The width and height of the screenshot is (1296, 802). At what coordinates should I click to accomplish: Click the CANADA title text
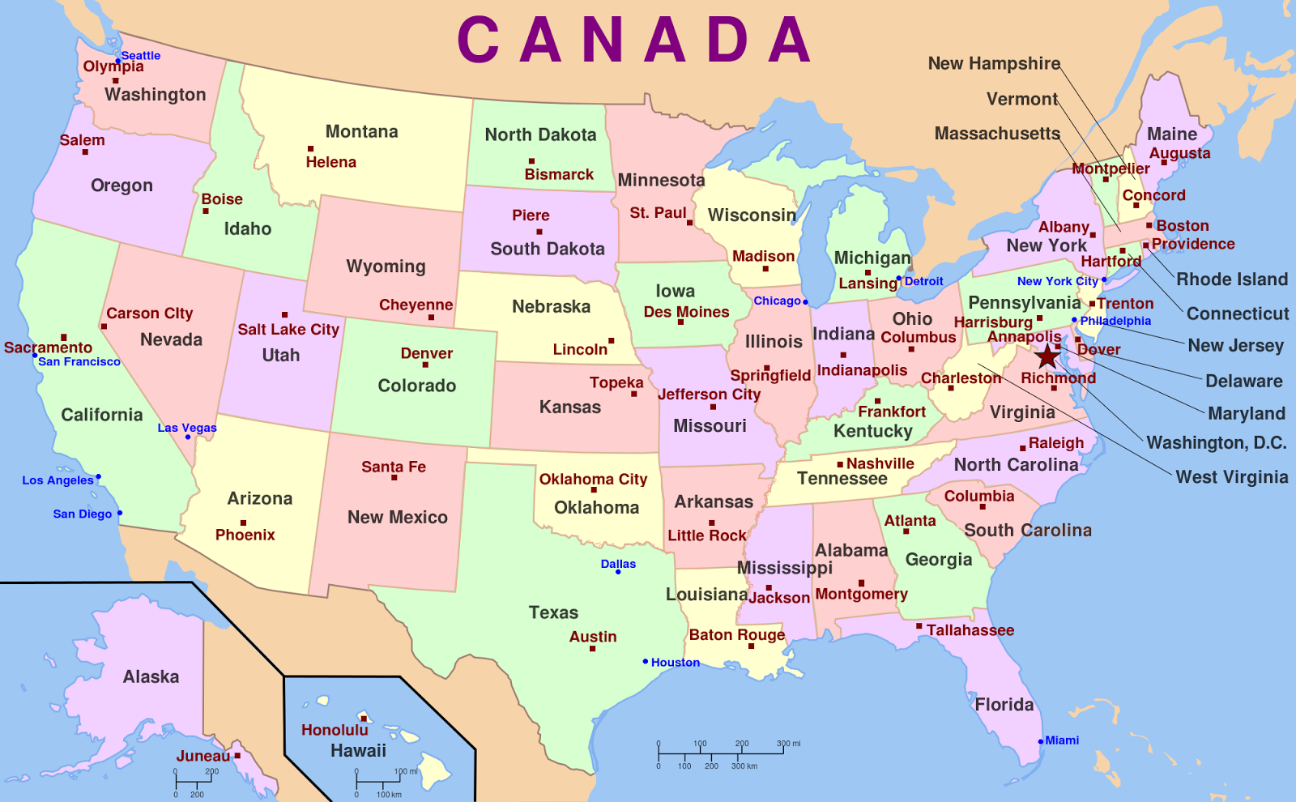point(634,40)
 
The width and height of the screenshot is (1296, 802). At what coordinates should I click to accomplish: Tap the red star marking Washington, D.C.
point(1047,356)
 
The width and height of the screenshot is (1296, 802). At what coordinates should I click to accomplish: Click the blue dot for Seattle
point(118,61)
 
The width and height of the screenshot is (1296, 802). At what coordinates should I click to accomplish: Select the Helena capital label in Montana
point(330,162)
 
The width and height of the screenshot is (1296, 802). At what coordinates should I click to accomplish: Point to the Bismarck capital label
point(559,174)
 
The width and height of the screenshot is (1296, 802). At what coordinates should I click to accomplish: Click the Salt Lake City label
point(288,329)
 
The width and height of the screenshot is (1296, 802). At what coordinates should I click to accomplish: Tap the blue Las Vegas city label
point(187,428)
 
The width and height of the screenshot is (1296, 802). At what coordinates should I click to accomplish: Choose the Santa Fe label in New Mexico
point(394,467)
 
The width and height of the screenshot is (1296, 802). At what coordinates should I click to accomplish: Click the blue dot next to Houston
point(646,662)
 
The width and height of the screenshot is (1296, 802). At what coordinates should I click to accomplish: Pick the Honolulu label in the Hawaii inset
point(335,730)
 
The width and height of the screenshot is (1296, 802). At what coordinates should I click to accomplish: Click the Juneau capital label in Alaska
point(203,756)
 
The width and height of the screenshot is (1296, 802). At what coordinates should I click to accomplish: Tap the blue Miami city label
point(1062,740)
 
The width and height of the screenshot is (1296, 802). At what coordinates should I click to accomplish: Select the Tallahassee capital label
point(970,630)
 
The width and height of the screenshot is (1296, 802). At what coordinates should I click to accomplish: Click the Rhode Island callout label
point(1232,279)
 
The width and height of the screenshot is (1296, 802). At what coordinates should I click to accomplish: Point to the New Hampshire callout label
point(994,63)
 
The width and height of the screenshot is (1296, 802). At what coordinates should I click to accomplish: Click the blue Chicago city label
point(777,301)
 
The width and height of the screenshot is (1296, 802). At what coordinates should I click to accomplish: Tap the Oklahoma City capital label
point(594,479)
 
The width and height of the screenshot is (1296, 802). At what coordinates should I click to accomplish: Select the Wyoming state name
point(386,267)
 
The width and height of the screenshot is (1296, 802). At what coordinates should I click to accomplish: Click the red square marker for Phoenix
point(243,523)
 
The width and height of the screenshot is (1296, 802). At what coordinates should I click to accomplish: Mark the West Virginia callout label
point(1232,477)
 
